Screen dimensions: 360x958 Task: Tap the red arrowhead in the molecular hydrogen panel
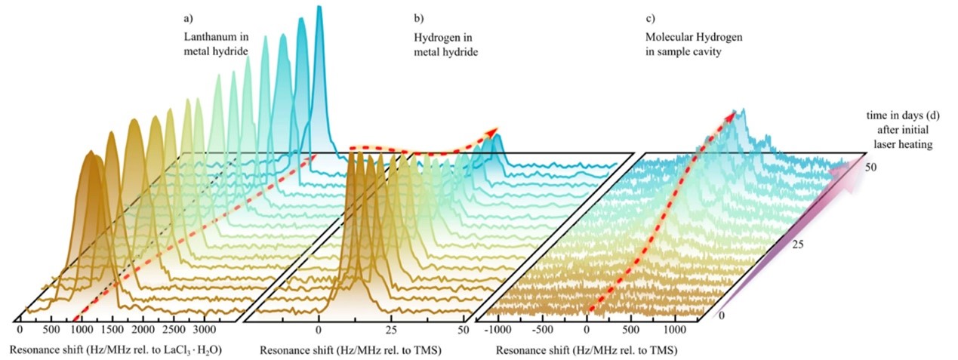pos(732,115)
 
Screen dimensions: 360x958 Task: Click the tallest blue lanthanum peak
pos(319,9)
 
